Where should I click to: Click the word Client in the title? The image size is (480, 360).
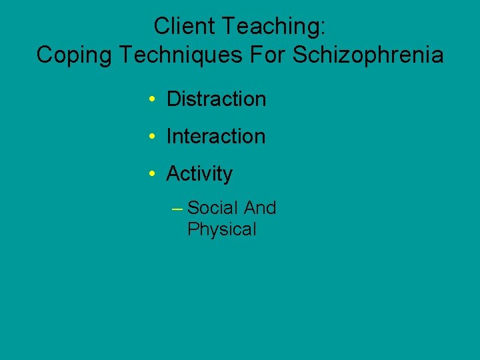coord(183,26)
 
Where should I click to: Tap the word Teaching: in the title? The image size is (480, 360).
coord(273,26)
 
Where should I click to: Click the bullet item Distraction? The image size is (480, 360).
coord(216,99)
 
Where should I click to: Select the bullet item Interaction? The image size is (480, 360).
coord(216,137)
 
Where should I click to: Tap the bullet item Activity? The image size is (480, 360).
coord(199,174)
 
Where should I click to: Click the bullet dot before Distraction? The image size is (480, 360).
coord(153,100)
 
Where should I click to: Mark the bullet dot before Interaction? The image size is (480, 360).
coord(153,137)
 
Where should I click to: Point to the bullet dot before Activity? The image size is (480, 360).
coord(153,175)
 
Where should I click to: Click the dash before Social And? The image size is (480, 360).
coord(177,209)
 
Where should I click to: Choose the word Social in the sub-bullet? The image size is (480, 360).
coord(213,208)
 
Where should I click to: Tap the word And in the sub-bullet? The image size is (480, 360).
coord(260,208)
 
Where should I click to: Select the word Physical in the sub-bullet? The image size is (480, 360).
coord(222,229)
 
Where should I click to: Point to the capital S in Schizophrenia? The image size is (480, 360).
coord(300,55)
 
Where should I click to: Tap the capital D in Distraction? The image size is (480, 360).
coord(173,99)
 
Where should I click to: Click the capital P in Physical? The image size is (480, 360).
coord(193,229)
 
